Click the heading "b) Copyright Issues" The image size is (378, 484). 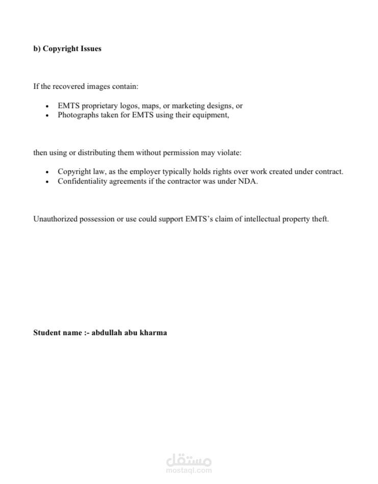[x=67, y=49]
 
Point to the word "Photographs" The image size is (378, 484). [x=78, y=115]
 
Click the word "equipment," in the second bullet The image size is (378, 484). [x=211, y=115]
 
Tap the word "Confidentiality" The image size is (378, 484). [x=82, y=181]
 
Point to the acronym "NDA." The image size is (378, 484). [x=248, y=181]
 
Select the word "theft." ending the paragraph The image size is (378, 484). [x=320, y=219]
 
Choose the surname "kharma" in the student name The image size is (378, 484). [x=153, y=333]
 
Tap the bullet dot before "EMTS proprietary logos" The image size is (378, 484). [x=47, y=107]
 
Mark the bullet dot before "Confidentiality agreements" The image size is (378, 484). [x=47, y=182]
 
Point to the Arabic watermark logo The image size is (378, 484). [x=189, y=460]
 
